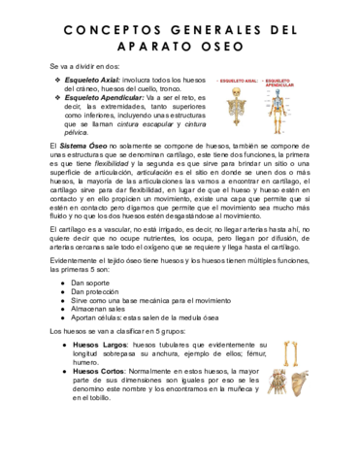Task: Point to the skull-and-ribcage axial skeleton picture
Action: (240, 108)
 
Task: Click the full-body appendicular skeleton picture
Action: (280, 113)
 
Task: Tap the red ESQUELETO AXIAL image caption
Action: (240, 81)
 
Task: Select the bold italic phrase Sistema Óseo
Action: (82, 143)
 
